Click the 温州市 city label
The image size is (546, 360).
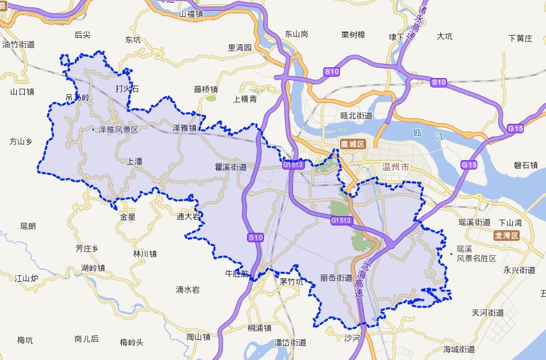pos(395,166)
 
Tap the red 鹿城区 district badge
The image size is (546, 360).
pos(351,144)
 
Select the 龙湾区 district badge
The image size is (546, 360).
pos(507,235)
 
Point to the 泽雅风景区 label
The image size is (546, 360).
pos(118,129)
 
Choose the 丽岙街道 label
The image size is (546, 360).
pos(336,277)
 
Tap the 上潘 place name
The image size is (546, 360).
pos(135,161)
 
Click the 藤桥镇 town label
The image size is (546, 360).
pos(205,89)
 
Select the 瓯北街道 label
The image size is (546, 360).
pos(356,116)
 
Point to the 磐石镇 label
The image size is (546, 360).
pos(525,166)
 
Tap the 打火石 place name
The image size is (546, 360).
pos(127,89)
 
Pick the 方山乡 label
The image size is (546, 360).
pos(21,141)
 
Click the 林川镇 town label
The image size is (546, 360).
pos(145,254)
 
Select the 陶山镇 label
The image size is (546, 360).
pos(199,336)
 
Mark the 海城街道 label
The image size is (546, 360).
pos(459,349)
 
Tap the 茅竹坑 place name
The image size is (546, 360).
pos(292,282)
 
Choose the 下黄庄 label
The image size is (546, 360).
pos(520,38)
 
